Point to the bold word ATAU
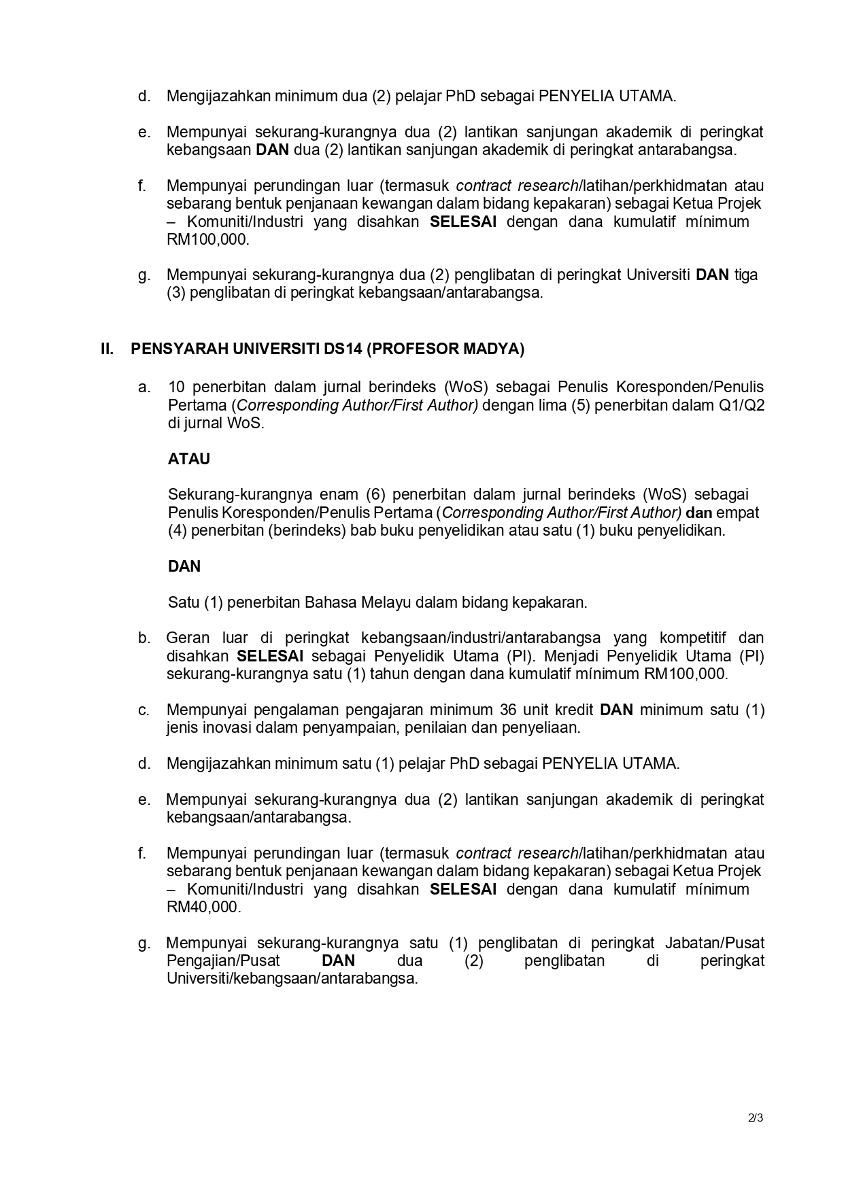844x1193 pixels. [x=189, y=459]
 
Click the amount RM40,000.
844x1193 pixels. [x=203, y=907]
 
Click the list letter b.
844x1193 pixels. [x=144, y=638]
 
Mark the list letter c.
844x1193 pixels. [x=144, y=710]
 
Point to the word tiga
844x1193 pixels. [x=746, y=275]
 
